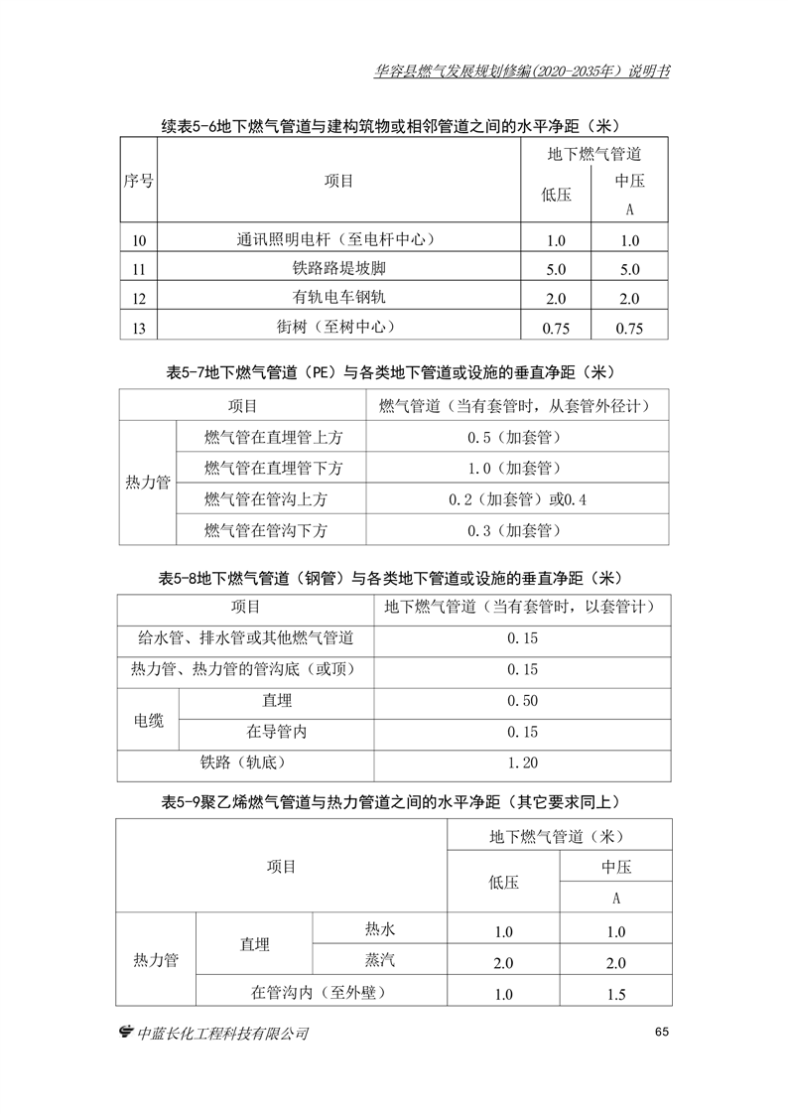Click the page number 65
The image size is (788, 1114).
click(663, 1032)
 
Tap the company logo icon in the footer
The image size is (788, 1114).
click(125, 1033)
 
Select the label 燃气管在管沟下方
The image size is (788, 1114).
click(265, 530)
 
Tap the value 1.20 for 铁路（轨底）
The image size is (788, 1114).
click(522, 764)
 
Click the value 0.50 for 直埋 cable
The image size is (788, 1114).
click(522, 701)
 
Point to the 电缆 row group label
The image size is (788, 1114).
click(149, 717)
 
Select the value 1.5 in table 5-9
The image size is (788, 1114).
click(615, 994)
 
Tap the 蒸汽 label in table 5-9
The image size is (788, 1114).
click(380, 961)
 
